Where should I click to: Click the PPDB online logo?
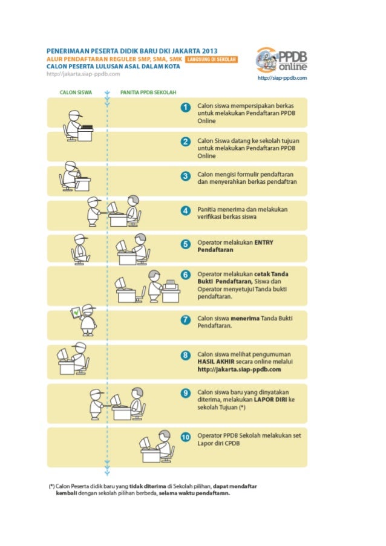[x=282, y=60]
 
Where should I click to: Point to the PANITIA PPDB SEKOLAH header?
[x=144, y=93]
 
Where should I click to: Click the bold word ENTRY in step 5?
[x=264, y=242]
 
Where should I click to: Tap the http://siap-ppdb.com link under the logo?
[x=282, y=78]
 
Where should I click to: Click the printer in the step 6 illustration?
[x=171, y=285]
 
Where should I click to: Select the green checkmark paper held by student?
[x=76, y=313]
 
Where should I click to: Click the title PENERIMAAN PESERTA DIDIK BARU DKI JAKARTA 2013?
[x=132, y=50]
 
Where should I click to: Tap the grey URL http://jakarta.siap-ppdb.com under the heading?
[x=83, y=74]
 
